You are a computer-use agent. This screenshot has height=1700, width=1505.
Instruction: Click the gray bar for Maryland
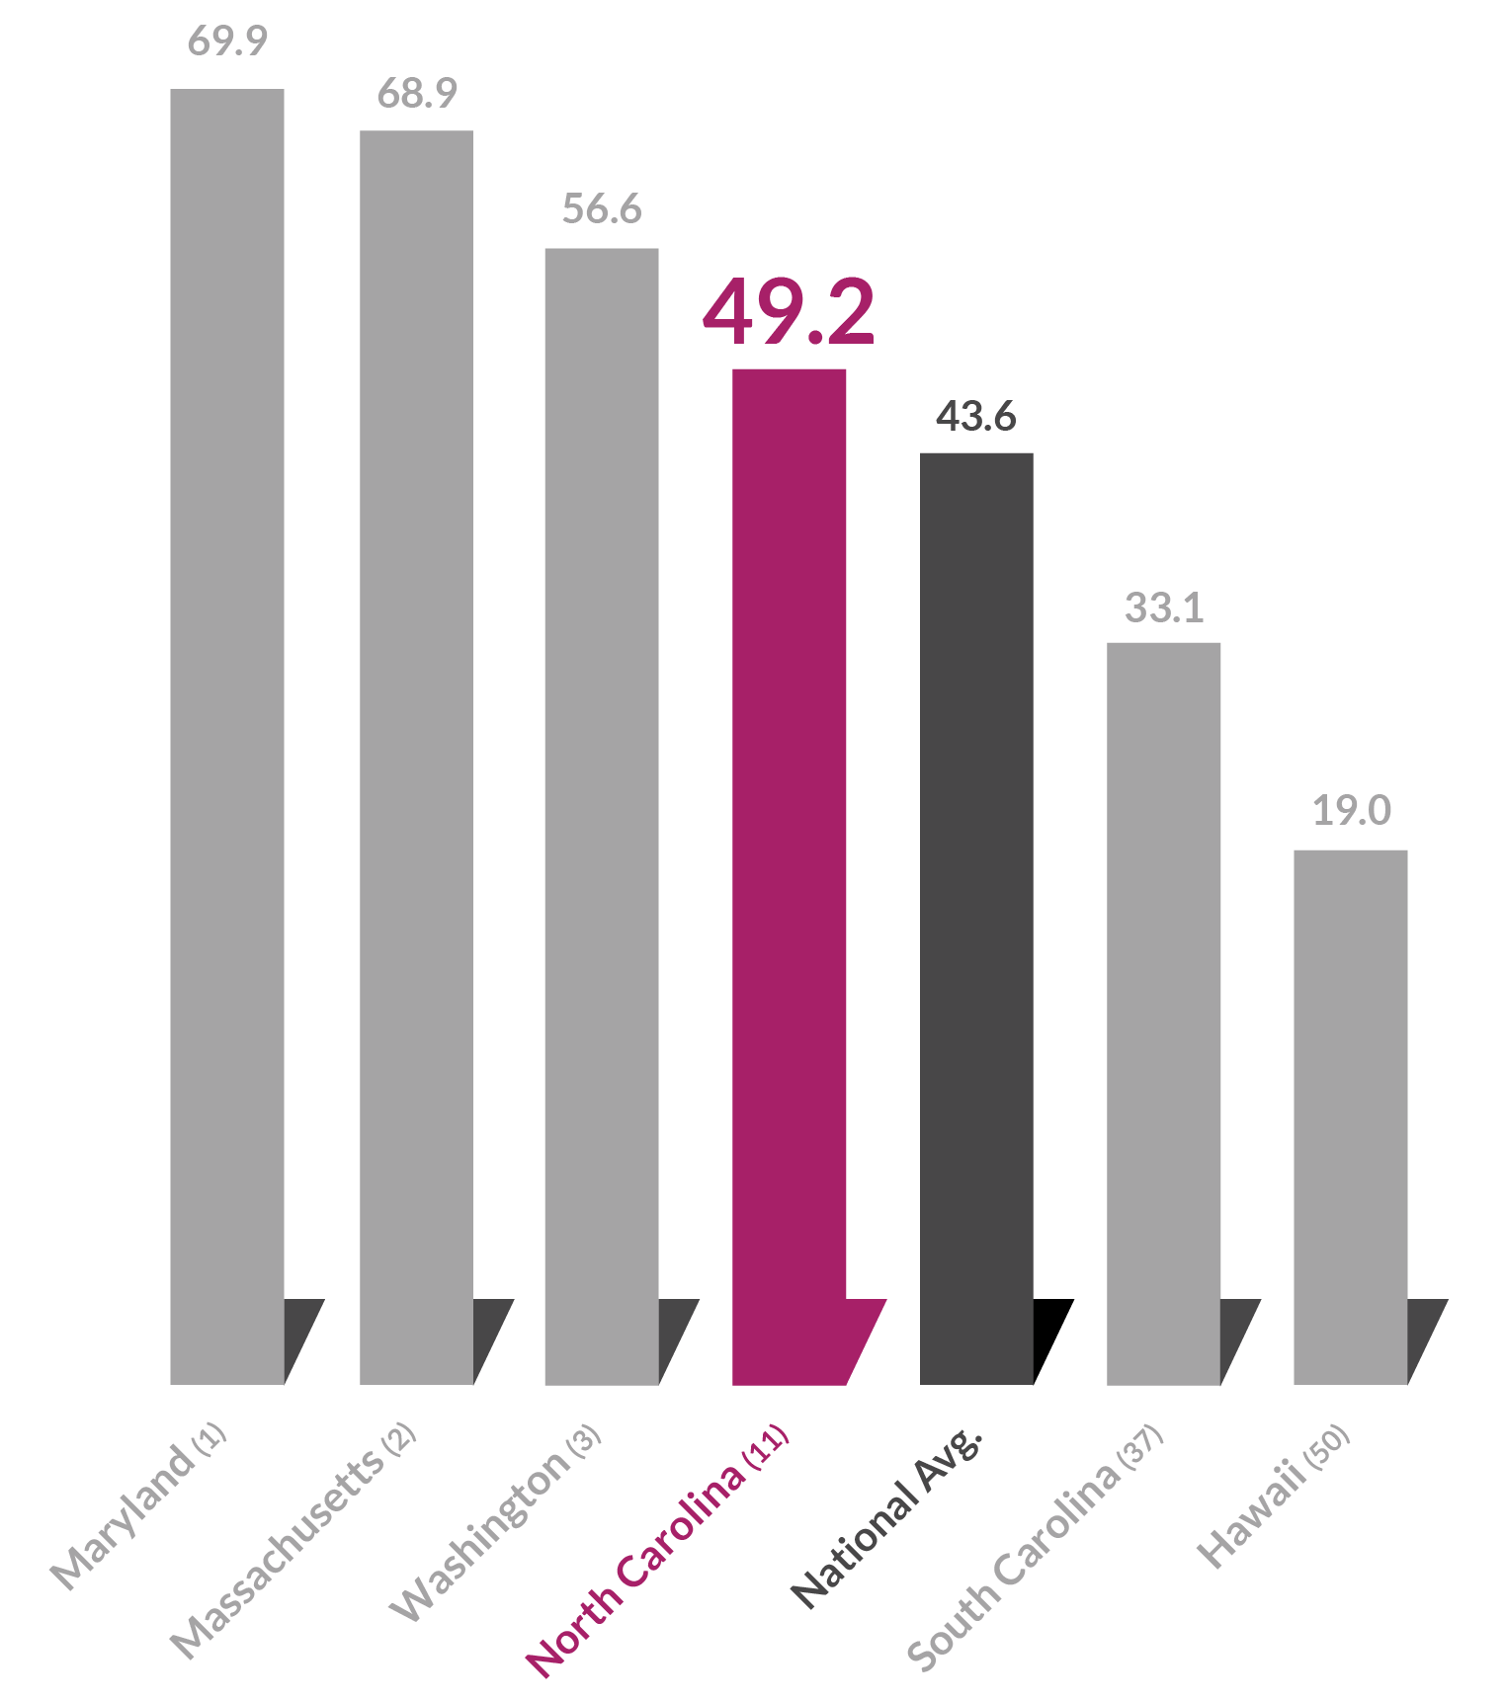coord(226,736)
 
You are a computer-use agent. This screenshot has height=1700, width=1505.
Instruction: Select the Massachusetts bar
coord(416,757)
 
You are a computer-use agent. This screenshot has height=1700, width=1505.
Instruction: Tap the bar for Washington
coord(601,816)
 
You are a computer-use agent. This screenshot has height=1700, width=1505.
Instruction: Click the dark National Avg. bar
coord(976,919)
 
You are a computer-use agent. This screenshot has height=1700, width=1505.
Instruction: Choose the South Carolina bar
coord(1163,1013)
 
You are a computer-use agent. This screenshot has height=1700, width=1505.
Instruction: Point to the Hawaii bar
coord(1350,1116)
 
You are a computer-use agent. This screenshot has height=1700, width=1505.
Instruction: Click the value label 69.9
coord(227,41)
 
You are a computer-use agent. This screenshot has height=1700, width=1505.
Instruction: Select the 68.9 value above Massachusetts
coord(417,93)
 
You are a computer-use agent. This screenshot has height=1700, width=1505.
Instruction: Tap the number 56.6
coord(602,209)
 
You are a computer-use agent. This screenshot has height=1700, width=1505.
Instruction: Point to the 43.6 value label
coord(976,417)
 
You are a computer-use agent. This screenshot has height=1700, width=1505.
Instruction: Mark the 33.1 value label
coord(1164,607)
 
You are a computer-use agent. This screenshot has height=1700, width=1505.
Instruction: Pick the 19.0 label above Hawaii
coord(1351,811)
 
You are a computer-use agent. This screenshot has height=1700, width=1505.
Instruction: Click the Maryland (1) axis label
coord(138,1505)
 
